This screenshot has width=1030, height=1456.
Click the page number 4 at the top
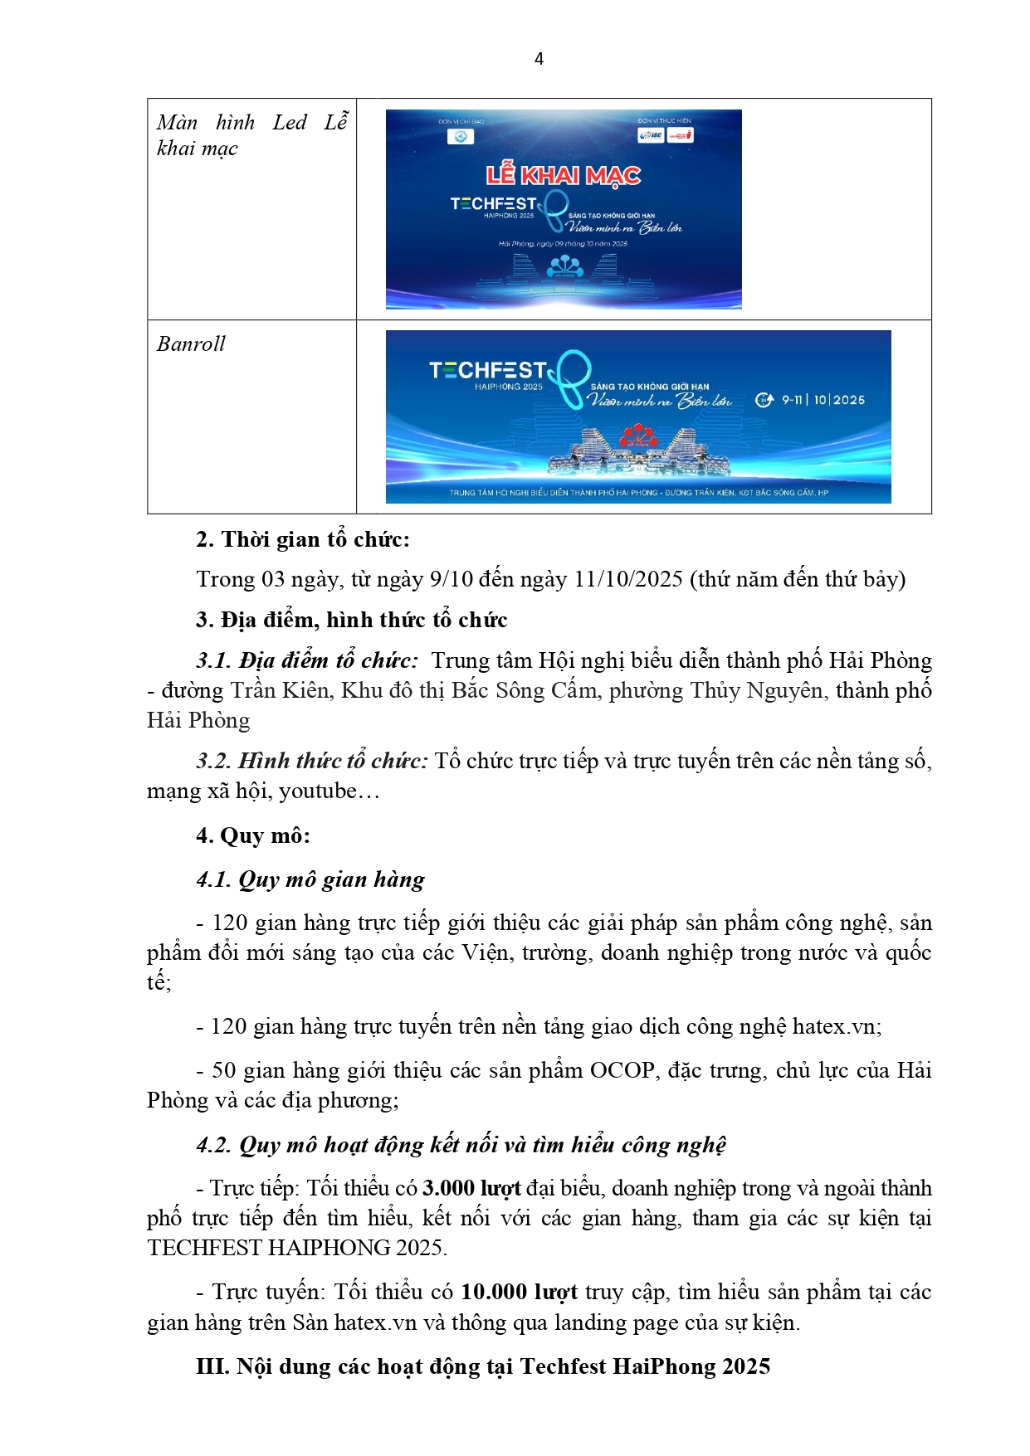(x=539, y=59)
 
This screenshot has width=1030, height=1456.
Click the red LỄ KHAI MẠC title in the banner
(x=563, y=175)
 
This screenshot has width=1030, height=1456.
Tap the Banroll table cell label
(x=191, y=344)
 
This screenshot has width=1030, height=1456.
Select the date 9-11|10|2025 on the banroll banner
(x=822, y=400)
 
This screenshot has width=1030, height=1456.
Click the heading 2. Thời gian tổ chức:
(x=303, y=539)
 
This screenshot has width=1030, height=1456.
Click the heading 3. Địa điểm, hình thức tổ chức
(x=351, y=620)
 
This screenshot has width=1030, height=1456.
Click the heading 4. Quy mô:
(x=253, y=835)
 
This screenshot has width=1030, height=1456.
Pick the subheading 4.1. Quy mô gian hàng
(x=310, y=879)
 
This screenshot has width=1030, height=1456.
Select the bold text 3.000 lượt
(x=471, y=1188)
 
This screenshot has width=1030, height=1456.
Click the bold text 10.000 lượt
(x=519, y=1292)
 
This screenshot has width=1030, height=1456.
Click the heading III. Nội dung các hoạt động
(x=483, y=1366)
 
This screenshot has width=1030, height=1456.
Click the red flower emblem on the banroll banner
(x=634, y=434)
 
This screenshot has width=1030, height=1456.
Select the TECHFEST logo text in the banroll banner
(x=488, y=370)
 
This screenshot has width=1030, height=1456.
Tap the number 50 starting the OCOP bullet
(x=224, y=1070)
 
